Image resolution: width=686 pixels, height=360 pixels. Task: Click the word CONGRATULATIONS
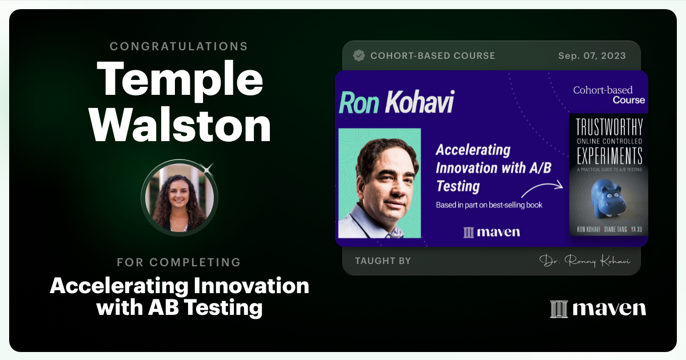(x=179, y=46)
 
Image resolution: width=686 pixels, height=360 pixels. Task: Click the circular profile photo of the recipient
(x=180, y=198)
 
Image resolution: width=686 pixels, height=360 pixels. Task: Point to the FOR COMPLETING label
(x=179, y=262)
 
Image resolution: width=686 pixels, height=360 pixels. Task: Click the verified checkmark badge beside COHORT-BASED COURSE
(x=359, y=55)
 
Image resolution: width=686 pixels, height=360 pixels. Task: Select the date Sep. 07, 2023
(x=592, y=56)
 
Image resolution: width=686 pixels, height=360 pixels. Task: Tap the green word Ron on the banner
(x=359, y=103)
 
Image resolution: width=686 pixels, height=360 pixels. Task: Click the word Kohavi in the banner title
(x=418, y=103)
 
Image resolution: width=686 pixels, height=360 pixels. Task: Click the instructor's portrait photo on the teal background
(x=380, y=183)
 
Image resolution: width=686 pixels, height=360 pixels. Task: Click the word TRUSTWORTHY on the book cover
(x=608, y=127)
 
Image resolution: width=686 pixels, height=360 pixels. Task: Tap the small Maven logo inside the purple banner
(x=492, y=232)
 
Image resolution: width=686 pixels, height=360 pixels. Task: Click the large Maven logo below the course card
(x=598, y=309)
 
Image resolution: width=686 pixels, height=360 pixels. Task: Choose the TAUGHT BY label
(x=383, y=261)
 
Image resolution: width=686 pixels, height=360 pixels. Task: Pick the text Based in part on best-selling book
(x=489, y=205)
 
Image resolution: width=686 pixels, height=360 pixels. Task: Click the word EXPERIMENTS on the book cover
(x=608, y=155)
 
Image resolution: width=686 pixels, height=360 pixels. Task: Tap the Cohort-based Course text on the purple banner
(x=609, y=95)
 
